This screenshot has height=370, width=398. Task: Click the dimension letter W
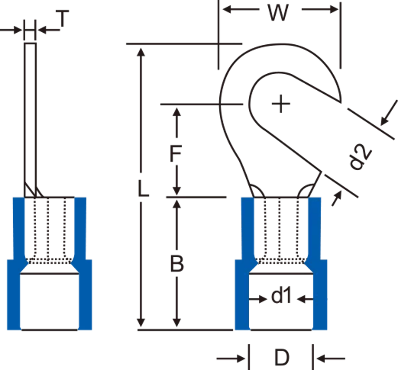(x=278, y=13)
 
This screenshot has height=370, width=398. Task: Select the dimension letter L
(x=143, y=189)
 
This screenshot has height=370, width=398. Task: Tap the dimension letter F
(x=175, y=153)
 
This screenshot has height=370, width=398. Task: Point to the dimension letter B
(x=177, y=264)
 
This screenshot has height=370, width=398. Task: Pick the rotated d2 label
(x=360, y=157)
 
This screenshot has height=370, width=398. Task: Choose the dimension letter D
(x=282, y=358)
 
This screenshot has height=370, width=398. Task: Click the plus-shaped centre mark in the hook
(x=281, y=104)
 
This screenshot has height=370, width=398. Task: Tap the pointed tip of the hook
(x=340, y=102)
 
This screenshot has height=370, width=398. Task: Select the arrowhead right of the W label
(x=333, y=10)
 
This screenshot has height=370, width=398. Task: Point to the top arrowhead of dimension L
(x=141, y=52)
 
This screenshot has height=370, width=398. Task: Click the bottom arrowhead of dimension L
(x=141, y=323)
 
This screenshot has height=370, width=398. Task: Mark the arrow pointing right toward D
(x=231, y=358)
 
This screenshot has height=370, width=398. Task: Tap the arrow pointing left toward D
(x=331, y=358)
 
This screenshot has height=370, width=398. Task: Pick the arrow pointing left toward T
(x=49, y=30)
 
